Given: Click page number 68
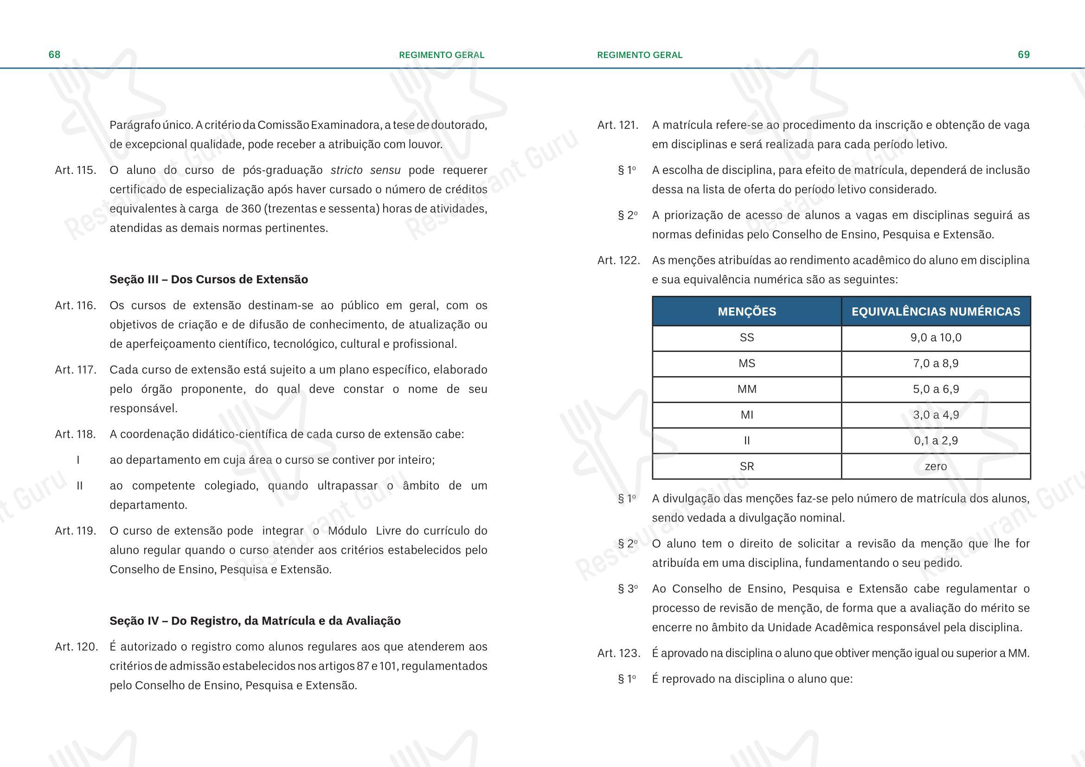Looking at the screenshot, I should tap(54, 55).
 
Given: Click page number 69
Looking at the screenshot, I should tap(1024, 55).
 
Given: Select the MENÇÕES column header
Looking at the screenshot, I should tap(747, 312).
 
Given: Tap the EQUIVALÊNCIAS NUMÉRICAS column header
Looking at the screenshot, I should tap(936, 312).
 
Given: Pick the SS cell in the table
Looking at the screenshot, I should tap(747, 338).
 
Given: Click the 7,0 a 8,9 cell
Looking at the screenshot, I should tap(936, 364).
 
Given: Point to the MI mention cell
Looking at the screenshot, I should tap(747, 415).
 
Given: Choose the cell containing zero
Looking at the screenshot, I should tap(936, 467).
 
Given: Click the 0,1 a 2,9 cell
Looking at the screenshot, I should tap(936, 441).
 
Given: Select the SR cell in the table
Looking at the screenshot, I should tap(747, 467).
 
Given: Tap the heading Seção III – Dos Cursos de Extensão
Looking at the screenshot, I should tap(208, 280).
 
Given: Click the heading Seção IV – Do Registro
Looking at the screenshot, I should tap(255, 621).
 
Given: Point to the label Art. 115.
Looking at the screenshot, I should tap(76, 171).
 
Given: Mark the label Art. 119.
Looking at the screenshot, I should tap(76, 531).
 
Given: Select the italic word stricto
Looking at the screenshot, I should tap(347, 171).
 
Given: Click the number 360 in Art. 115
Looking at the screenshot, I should tap(251, 209).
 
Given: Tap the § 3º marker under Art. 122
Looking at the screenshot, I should tap(628, 589).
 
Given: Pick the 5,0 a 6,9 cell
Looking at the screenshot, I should tap(936, 389).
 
